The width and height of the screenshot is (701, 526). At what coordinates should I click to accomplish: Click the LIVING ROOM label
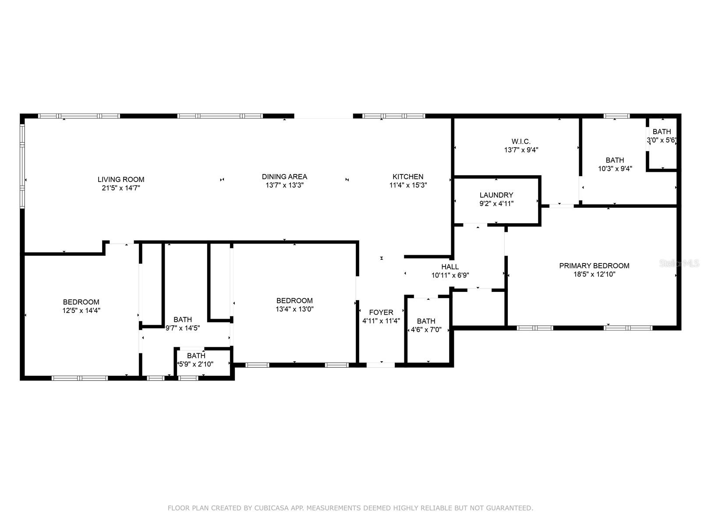(121, 179)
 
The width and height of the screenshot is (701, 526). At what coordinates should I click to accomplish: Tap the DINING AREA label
(284, 177)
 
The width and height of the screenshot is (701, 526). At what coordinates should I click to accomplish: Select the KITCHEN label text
(408, 177)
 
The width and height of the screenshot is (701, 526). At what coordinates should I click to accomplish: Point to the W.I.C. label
(521, 142)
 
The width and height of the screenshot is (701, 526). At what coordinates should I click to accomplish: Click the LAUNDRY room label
(496, 195)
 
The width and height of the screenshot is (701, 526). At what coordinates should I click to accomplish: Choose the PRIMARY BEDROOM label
(594, 266)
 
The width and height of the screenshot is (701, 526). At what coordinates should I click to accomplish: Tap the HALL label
(450, 267)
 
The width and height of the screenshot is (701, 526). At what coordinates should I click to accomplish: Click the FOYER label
(381, 313)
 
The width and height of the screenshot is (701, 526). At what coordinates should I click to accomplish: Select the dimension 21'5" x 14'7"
(121, 188)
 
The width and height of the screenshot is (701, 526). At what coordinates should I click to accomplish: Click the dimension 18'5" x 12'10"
(594, 274)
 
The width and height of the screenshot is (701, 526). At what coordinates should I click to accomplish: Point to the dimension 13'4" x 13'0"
(294, 309)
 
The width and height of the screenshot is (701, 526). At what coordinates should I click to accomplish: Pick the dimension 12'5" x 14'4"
(81, 310)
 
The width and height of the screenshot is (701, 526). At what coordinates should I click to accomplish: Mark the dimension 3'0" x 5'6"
(662, 140)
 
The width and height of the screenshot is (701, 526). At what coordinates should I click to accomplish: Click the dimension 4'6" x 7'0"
(426, 329)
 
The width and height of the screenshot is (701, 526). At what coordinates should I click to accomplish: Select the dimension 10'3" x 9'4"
(615, 168)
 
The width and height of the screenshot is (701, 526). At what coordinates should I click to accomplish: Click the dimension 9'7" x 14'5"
(183, 328)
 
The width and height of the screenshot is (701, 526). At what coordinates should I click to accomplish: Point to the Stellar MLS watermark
(679, 263)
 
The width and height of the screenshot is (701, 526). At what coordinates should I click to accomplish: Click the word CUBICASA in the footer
(271, 508)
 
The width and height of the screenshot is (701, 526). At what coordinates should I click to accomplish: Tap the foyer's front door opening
(381, 365)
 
